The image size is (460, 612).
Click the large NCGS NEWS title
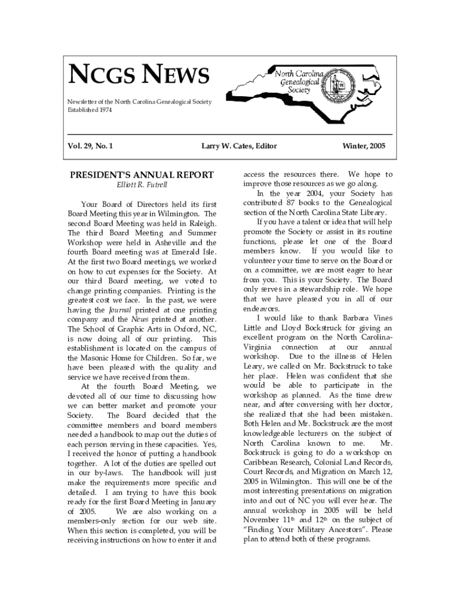click(140, 76)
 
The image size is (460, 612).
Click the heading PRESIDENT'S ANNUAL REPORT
click(141, 175)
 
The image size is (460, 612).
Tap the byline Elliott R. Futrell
click(141, 185)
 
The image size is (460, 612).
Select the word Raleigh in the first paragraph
click(202, 223)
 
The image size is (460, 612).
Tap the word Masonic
click(98, 358)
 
